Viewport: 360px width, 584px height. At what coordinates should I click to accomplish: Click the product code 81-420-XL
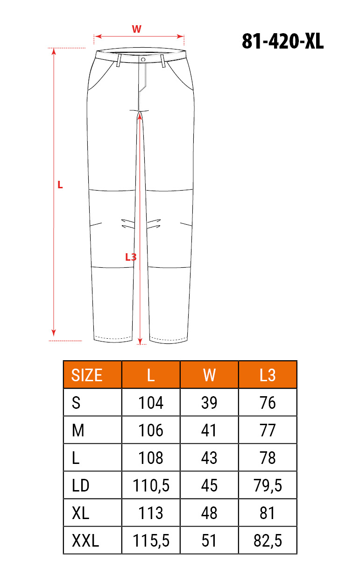click(282, 41)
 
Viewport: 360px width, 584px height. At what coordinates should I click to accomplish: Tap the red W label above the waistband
click(137, 29)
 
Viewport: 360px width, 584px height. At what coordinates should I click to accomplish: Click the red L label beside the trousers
click(60, 185)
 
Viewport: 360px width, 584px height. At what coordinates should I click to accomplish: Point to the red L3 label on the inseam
click(131, 257)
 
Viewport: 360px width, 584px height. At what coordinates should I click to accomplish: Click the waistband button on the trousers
click(143, 60)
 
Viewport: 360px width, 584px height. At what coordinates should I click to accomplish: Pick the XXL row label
click(85, 541)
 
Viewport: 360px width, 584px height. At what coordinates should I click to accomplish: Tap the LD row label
click(80, 485)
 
